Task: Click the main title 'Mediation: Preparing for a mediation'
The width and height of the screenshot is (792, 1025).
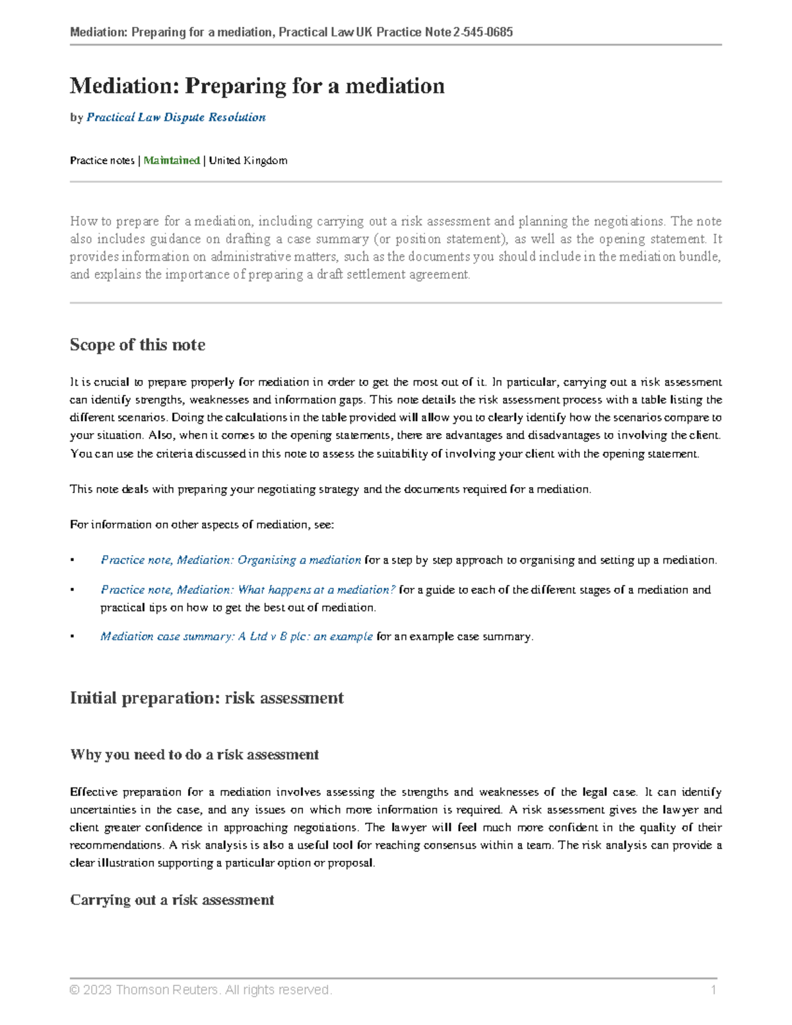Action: (257, 86)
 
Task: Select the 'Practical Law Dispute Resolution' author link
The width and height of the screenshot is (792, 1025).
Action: (176, 117)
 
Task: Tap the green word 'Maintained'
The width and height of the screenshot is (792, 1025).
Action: (172, 160)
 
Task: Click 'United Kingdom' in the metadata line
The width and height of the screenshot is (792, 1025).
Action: (248, 160)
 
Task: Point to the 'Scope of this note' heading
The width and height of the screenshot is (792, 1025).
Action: (137, 345)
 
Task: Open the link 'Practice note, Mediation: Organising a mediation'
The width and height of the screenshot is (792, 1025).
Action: (230, 560)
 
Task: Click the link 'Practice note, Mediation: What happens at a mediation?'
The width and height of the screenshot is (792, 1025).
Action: (247, 589)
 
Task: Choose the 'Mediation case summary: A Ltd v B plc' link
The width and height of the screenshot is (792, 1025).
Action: (236, 636)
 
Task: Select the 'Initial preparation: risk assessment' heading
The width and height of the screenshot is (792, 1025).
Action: (207, 698)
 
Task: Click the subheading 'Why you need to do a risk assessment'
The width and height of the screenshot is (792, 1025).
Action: (194, 754)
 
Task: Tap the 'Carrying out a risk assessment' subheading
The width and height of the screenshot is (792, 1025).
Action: (172, 900)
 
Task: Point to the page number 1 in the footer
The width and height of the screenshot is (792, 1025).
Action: (713, 989)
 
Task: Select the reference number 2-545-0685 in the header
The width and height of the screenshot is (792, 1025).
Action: (483, 32)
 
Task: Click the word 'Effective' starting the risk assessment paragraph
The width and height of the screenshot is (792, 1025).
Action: (92, 791)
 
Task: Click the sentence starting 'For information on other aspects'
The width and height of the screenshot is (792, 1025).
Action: (202, 525)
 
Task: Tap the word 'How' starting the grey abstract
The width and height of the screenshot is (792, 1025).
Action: (82, 221)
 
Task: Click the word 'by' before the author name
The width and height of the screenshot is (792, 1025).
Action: (76, 117)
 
